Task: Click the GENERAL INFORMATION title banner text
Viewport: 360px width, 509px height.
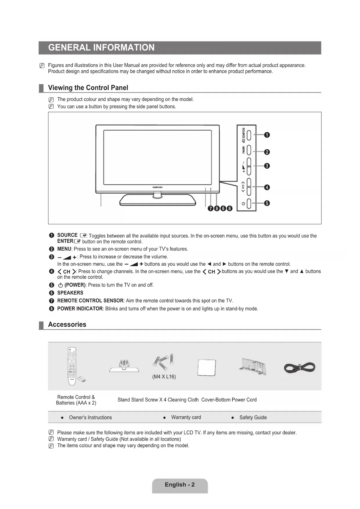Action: (x=101, y=48)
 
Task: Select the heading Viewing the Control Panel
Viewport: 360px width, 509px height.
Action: (x=88, y=88)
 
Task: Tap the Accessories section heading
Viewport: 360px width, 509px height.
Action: (x=67, y=324)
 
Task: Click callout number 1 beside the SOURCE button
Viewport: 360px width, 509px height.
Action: (x=267, y=135)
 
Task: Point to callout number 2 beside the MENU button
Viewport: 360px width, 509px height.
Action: (x=267, y=152)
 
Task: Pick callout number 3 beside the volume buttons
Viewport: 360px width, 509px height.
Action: (x=267, y=166)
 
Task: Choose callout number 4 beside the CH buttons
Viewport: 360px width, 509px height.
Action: (x=267, y=187)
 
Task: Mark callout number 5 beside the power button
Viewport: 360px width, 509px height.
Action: (x=267, y=203)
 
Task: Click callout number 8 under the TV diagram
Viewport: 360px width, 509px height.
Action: (x=230, y=208)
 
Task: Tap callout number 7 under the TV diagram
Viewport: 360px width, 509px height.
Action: (x=211, y=208)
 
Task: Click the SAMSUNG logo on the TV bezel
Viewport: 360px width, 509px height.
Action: (x=158, y=187)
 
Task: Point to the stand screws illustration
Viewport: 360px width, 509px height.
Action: (x=164, y=362)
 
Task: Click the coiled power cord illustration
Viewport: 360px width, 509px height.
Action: (x=299, y=368)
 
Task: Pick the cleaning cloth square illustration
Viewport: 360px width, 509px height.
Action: (x=207, y=367)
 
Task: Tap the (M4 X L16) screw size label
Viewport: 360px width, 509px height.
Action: (x=164, y=377)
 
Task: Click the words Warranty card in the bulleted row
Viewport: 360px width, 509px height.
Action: (x=186, y=417)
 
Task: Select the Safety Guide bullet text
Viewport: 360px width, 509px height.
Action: (x=253, y=418)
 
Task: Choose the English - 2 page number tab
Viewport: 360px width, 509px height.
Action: (x=180, y=485)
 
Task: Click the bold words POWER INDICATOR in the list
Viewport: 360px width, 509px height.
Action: (x=80, y=308)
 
